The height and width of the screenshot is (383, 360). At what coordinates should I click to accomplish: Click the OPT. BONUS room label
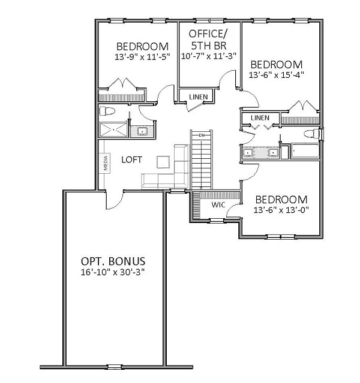tap(113, 261)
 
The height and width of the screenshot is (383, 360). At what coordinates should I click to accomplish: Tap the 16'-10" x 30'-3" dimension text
tap(113, 272)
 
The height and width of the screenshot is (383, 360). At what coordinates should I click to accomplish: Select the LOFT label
tap(131, 160)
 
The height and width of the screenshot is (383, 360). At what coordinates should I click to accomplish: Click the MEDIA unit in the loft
tap(106, 163)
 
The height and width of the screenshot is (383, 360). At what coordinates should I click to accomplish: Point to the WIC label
tap(218, 205)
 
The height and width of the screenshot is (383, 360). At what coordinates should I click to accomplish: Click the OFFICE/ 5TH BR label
tap(208, 40)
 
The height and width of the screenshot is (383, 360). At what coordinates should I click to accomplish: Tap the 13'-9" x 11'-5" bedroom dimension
tap(142, 57)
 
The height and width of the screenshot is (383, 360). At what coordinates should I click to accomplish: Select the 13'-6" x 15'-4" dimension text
tap(277, 75)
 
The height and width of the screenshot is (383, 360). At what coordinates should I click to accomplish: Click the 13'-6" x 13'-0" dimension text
tap(281, 210)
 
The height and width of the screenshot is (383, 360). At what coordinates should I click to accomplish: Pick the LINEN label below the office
tap(199, 97)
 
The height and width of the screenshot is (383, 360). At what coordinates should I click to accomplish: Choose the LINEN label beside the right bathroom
tap(260, 118)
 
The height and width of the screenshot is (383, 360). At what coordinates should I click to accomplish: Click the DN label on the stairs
tap(202, 135)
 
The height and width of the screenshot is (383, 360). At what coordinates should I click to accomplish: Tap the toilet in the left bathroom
tap(107, 111)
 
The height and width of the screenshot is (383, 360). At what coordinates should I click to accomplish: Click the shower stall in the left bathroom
tap(113, 129)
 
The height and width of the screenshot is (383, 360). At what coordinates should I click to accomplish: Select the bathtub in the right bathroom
tap(305, 151)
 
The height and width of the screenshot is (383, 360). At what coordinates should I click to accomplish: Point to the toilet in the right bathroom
tap(312, 134)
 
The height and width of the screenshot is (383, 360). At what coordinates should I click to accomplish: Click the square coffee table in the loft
tap(163, 162)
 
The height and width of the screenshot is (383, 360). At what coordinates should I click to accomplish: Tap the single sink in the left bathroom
tap(142, 131)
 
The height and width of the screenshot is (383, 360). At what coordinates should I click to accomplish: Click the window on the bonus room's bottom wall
tap(114, 367)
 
